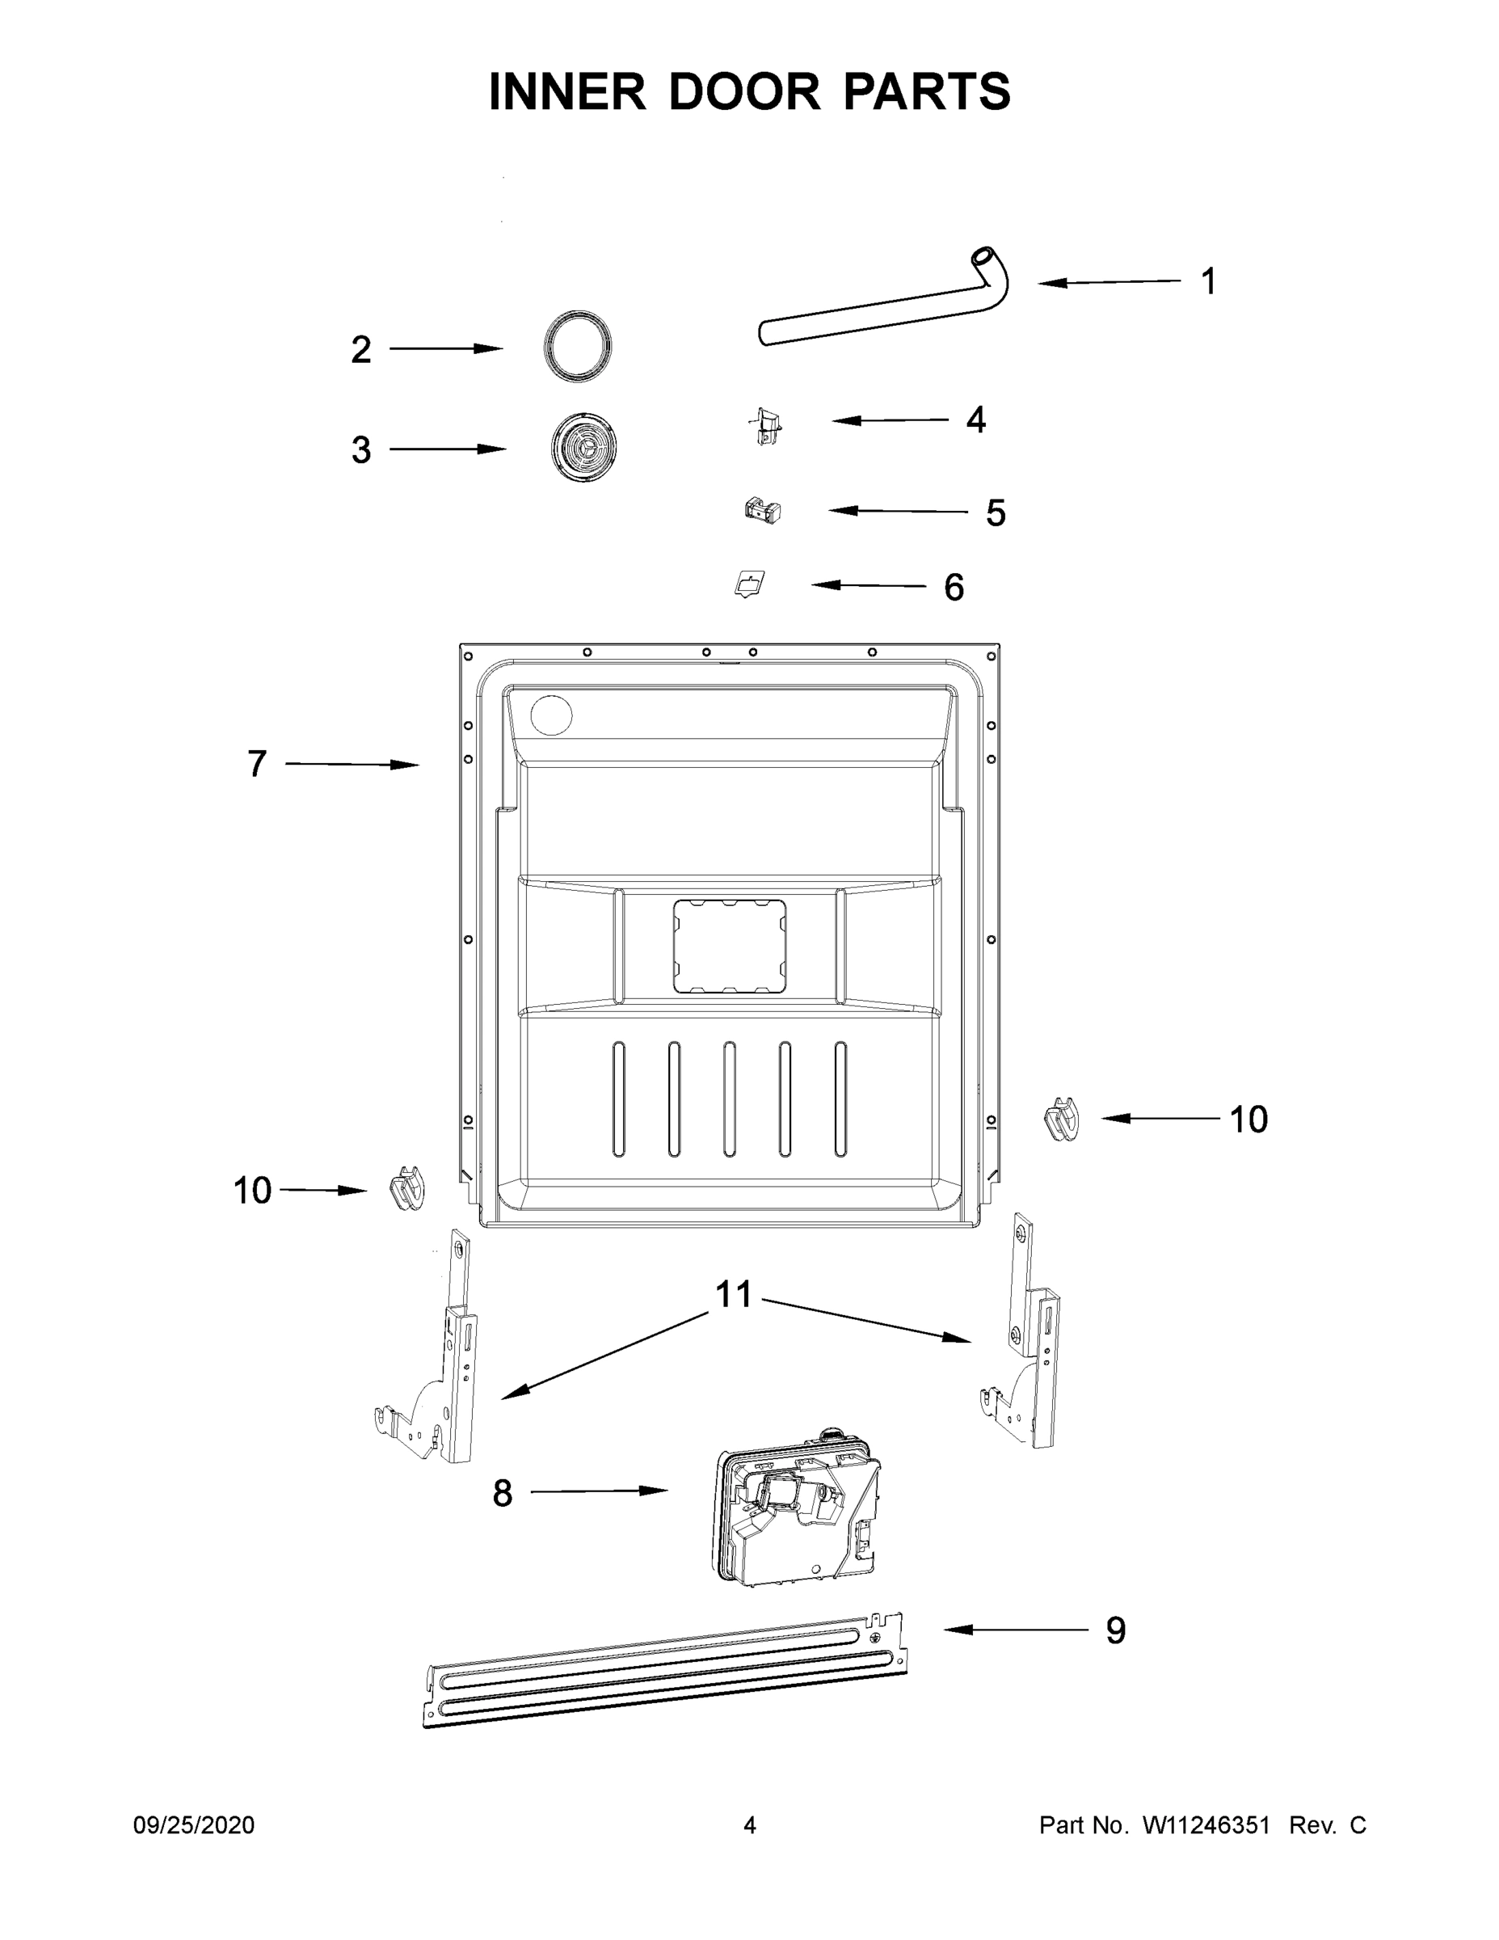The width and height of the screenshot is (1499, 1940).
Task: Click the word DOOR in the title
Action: tap(744, 92)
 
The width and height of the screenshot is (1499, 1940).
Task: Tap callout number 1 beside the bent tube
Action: tap(1208, 281)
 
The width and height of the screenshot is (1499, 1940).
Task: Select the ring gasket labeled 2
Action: tap(578, 347)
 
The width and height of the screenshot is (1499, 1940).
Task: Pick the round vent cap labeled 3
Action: tap(583, 448)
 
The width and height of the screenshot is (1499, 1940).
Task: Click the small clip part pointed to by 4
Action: tap(765, 425)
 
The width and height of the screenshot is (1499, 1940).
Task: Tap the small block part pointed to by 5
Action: tap(763, 511)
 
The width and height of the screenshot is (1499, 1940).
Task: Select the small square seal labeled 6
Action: tap(751, 584)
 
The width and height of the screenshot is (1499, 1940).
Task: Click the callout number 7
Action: tap(257, 763)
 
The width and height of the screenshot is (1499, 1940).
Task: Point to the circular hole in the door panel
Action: tap(550, 715)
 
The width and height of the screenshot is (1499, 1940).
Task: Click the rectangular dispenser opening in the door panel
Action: tap(729, 945)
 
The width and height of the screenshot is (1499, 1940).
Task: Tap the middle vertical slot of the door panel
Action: tap(729, 1099)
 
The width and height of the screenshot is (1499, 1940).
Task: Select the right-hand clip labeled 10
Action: tap(1062, 1119)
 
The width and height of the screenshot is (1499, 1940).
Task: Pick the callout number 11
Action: tap(734, 1295)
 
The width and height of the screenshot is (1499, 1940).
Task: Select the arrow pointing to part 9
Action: tap(1016, 1629)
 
